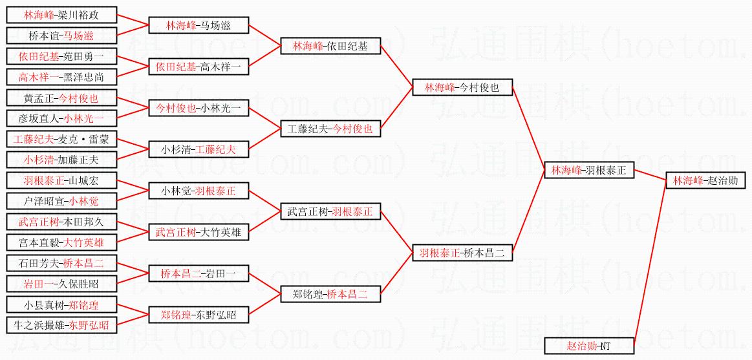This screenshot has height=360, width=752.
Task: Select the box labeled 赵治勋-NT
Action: click(589, 346)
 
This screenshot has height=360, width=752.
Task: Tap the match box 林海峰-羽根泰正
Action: click(589, 171)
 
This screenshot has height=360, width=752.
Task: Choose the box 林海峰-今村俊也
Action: click(462, 87)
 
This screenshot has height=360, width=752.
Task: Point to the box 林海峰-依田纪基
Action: click(330, 46)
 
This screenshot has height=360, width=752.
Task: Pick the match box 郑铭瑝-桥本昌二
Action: click(330, 295)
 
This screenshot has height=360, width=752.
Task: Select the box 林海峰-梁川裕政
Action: click(61, 15)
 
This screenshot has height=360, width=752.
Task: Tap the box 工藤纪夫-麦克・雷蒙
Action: click(61, 139)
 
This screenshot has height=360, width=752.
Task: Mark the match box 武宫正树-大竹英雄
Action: click(199, 232)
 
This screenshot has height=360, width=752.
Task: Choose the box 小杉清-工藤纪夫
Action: click(199, 150)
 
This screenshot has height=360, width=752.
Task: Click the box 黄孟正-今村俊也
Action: click(61, 98)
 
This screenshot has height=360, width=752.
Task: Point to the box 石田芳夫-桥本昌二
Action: click(61, 263)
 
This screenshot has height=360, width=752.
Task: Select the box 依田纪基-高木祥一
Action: click(199, 67)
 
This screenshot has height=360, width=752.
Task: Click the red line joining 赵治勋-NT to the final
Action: click(650, 265)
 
